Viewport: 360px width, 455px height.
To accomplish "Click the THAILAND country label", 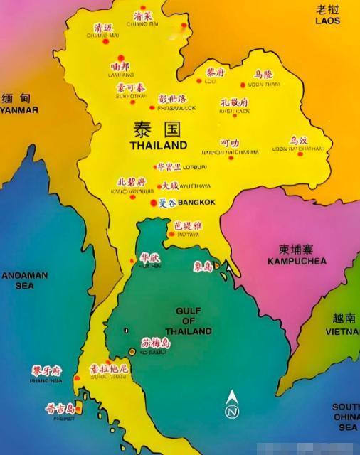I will pyautogui.click(x=158, y=144).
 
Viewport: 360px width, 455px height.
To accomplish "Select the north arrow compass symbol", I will pyautogui.click(x=232, y=405).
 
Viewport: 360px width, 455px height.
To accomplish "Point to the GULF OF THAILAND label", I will pyautogui.click(x=188, y=321).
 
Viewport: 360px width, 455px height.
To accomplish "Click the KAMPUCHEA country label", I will pyautogui.click(x=297, y=261).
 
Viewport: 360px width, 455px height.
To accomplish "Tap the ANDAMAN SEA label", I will pyautogui.click(x=24, y=280).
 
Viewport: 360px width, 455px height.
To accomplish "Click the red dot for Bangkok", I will pyautogui.click(x=152, y=203).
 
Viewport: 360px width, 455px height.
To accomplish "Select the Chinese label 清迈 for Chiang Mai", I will pyautogui.click(x=103, y=28).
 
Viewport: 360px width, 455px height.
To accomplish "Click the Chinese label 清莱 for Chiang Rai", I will pyautogui.click(x=142, y=16).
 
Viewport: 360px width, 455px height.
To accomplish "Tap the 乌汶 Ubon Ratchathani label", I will pyautogui.click(x=299, y=141).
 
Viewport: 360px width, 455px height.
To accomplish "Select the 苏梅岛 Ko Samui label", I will pyautogui.click(x=156, y=343).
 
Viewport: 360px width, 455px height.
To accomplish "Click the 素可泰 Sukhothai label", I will pyautogui.click(x=129, y=87).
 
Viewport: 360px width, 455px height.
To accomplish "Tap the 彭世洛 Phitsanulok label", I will pyautogui.click(x=171, y=99).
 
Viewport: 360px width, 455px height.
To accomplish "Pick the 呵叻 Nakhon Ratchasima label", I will pyautogui.click(x=230, y=143).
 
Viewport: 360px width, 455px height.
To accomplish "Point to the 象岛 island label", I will pyautogui.click(x=203, y=267).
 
